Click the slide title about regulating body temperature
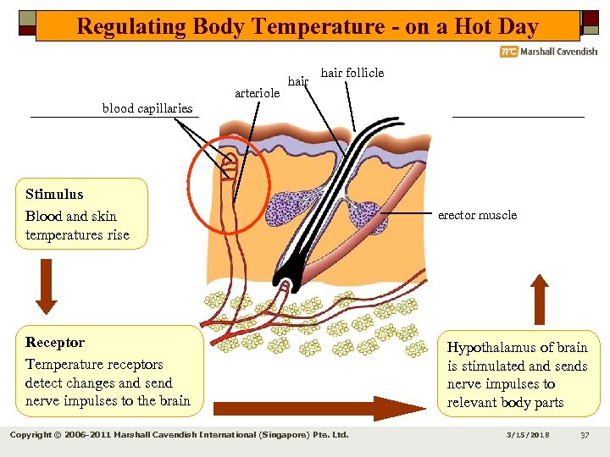308,26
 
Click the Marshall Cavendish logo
548,51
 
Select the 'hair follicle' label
352,73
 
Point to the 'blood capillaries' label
147,108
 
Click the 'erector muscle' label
477,215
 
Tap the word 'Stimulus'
54,195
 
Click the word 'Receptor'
55,343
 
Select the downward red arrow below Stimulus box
47,285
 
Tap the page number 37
584,435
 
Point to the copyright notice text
179,435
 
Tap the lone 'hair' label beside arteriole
297,81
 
